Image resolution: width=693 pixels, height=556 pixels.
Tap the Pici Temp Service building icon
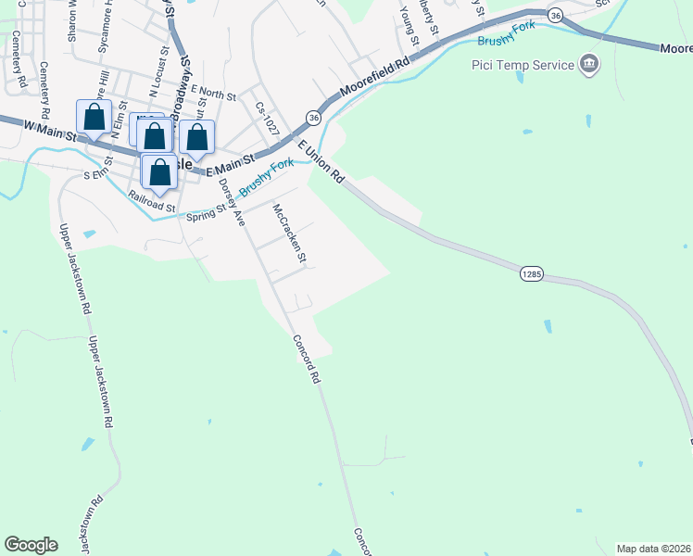click(x=588, y=64)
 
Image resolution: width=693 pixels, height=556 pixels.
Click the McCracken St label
click(x=288, y=234)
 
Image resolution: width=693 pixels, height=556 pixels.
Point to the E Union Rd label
click(x=321, y=161)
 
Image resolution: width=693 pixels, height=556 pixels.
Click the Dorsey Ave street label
click(x=232, y=203)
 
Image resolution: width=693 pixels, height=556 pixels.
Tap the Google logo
click(x=31, y=545)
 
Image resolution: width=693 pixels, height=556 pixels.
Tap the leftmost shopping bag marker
click(x=94, y=118)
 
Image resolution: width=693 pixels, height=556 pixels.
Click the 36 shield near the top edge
click(x=555, y=16)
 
